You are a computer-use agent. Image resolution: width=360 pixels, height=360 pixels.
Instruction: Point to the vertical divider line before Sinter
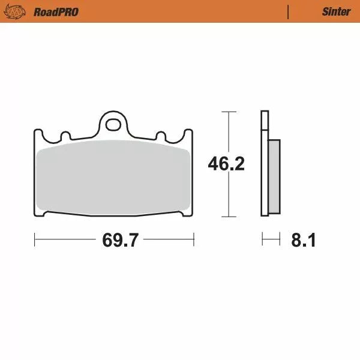pyautogui.click(x=289, y=11)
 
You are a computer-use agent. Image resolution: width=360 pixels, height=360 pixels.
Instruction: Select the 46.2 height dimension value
pyautogui.click(x=226, y=164)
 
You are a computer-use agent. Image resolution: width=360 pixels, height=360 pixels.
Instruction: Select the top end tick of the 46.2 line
pyautogui.click(x=226, y=112)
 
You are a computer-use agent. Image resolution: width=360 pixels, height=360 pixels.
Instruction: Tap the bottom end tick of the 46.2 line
pyautogui.click(x=226, y=216)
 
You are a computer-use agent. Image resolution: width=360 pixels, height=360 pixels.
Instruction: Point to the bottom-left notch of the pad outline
pyautogui.click(x=46, y=214)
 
